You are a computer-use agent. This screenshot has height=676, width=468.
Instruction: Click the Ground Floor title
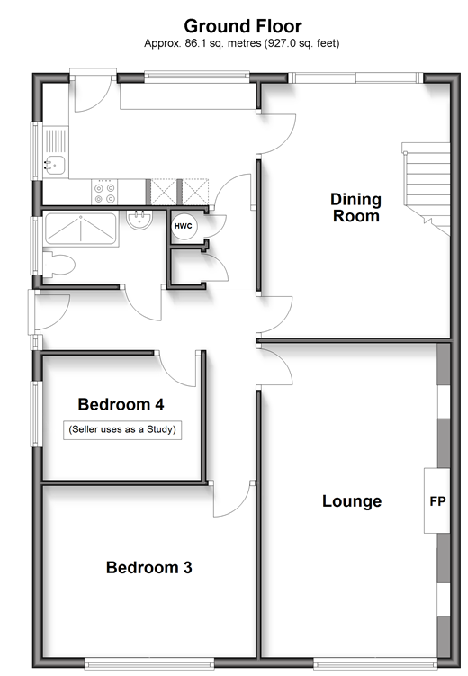pos(243,26)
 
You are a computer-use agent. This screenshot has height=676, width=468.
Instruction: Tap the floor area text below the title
pos(242,43)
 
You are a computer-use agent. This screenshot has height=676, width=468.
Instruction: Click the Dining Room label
pos(356,207)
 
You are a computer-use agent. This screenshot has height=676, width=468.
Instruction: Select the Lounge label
pos(352,501)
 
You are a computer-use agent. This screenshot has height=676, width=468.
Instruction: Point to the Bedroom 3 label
pos(149,567)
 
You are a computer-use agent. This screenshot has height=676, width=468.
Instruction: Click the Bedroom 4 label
pos(121,404)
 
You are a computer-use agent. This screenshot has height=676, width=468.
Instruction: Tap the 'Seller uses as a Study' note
pos(122,430)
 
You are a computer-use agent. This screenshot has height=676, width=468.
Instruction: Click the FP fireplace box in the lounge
pos(437,501)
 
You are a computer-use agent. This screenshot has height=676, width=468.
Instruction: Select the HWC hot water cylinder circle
pos(184,226)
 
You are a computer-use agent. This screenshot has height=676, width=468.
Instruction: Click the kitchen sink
pos(55,165)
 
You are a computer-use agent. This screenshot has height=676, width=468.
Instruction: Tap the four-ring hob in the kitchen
pos(105,193)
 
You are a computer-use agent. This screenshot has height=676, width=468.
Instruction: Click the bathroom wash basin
pos(139,220)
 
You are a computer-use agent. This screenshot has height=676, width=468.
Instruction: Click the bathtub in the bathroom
pos(81,229)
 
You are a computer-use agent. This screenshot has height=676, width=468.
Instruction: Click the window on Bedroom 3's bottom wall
pos(148,663)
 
